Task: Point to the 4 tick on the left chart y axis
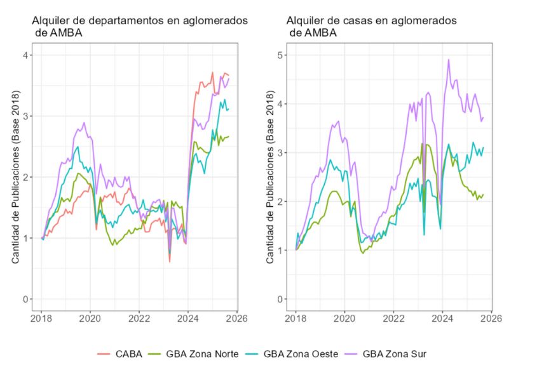26,55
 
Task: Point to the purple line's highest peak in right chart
449,60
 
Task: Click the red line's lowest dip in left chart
170,261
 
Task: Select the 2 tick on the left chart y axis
26,177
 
